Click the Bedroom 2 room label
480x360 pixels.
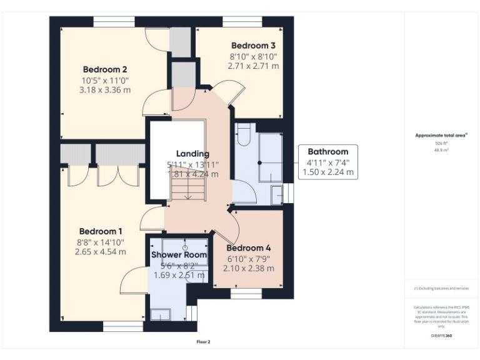point(105,69)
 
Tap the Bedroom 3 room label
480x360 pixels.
point(253,46)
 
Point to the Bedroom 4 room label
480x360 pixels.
point(248,247)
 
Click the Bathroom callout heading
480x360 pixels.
point(327,151)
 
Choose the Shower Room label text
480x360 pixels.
point(179,255)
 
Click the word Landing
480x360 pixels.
point(192,154)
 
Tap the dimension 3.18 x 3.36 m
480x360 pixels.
point(105,89)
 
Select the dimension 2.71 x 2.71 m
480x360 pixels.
point(253,66)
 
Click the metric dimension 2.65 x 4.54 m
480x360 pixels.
point(100,252)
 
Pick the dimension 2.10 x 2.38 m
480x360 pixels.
point(248,268)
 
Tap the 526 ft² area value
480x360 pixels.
point(441,143)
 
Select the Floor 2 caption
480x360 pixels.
point(204,342)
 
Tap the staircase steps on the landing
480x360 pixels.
point(186,187)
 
